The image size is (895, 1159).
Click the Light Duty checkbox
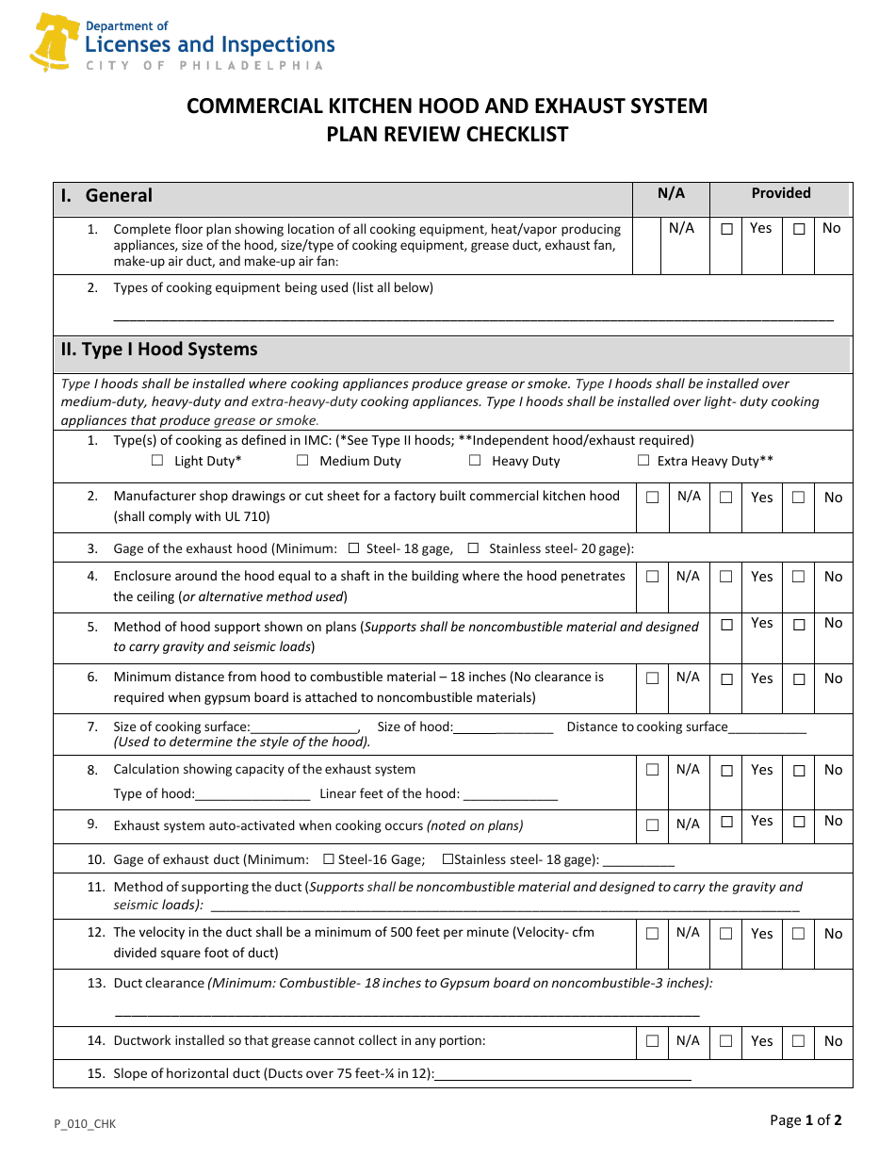[x=157, y=461]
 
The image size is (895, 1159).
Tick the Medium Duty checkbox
[x=302, y=461]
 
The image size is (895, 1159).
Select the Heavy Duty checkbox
[x=475, y=461]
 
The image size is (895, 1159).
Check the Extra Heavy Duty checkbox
[x=643, y=461]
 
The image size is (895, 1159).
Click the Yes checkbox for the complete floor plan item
[x=726, y=229]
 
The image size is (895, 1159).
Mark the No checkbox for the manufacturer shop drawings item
[x=798, y=498]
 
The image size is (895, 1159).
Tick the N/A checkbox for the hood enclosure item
[x=652, y=577]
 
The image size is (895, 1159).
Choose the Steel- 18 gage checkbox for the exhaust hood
[x=354, y=548]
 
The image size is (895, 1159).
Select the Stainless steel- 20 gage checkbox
[x=473, y=548]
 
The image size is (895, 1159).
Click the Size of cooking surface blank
[x=304, y=727]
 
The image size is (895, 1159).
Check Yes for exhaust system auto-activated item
[x=726, y=822]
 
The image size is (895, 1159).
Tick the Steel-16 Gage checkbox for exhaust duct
[x=329, y=859]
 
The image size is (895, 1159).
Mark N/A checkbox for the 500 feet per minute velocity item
[x=652, y=934]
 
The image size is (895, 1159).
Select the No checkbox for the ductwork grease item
[x=798, y=1041]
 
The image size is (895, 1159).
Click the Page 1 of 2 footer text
[x=805, y=1120]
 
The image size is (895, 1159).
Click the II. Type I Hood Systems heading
[x=159, y=350]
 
